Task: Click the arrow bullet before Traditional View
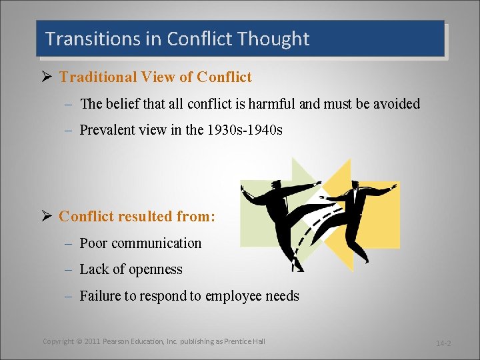[x=47, y=77]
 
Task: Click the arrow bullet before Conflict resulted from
[x=47, y=217]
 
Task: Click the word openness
[x=151, y=269]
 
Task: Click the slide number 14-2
[x=443, y=343]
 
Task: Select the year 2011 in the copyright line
[x=93, y=341]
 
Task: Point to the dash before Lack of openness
[x=69, y=270]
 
